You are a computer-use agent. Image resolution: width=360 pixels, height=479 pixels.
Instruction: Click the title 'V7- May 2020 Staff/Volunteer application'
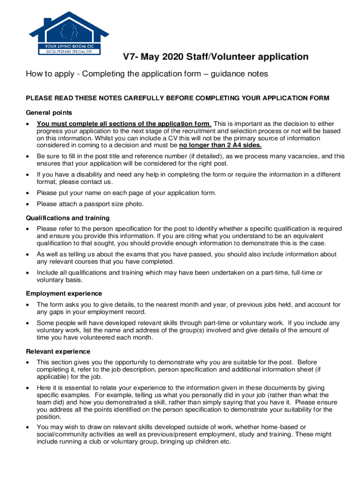216,57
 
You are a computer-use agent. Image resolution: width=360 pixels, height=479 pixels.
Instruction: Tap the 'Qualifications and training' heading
68,218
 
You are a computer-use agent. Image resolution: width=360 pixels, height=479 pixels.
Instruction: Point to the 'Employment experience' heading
64,294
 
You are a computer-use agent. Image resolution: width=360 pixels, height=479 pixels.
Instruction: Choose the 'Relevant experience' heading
58,351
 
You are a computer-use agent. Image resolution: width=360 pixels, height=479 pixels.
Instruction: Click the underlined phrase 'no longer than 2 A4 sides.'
221,145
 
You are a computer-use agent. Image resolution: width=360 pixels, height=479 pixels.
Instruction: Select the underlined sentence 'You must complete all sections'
124,124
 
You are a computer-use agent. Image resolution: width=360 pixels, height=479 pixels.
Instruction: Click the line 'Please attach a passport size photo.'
90,204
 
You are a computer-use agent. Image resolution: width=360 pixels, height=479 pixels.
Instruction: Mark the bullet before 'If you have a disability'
29,174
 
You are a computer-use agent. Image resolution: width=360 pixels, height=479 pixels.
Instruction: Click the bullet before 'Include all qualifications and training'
29,273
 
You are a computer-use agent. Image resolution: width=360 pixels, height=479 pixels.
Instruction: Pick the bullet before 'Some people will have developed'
29,323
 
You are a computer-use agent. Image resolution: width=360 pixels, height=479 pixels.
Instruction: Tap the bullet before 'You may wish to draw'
29,427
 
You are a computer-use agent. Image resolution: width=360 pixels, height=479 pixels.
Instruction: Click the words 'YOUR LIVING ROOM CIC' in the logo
69,46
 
